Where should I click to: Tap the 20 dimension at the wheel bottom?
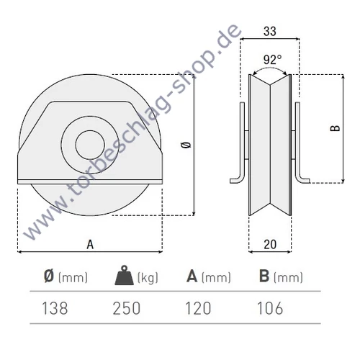271,244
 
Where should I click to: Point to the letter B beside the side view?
333,129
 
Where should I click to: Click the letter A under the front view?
90,245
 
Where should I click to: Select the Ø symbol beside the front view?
187,145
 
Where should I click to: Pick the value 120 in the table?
198,308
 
